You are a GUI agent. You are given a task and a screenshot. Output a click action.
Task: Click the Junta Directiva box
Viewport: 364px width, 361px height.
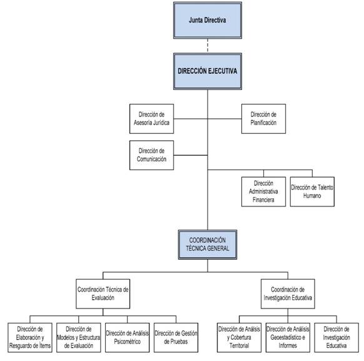(x=208, y=21)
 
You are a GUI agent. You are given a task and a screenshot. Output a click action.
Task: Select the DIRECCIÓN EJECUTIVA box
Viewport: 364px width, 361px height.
(x=208, y=71)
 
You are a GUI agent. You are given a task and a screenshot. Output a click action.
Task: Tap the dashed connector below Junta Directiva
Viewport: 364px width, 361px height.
(x=208, y=46)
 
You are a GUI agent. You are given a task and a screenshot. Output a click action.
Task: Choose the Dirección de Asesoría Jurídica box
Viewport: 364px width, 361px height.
(x=151, y=119)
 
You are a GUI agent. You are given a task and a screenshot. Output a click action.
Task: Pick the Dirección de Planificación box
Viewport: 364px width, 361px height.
(x=263, y=119)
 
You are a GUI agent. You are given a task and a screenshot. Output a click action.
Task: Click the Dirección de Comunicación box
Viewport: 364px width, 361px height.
(x=151, y=155)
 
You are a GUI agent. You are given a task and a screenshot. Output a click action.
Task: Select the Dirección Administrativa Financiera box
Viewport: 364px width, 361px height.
(x=263, y=191)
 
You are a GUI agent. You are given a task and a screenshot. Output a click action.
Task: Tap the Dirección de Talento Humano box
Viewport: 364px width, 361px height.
(x=312, y=191)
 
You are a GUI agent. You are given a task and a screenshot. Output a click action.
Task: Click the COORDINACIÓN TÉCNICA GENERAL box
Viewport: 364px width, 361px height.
(x=208, y=245)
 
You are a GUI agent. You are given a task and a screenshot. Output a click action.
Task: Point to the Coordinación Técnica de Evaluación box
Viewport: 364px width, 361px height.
(x=103, y=293)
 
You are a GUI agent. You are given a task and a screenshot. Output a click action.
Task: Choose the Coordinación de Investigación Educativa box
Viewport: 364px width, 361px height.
(x=288, y=293)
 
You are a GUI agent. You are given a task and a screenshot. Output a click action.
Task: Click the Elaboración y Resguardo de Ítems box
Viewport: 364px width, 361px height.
(x=30, y=338)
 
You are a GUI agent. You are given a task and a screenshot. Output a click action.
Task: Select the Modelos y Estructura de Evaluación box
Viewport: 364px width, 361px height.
(x=79, y=338)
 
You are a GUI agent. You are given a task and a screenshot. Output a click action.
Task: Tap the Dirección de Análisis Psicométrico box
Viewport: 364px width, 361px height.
(x=127, y=338)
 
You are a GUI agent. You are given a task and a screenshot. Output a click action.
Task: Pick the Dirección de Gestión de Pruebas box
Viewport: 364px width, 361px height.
(x=176, y=338)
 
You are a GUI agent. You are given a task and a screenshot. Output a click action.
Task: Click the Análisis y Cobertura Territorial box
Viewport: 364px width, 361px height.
(x=239, y=338)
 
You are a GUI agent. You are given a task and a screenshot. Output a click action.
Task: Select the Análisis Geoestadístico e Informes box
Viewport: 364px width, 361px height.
(x=288, y=338)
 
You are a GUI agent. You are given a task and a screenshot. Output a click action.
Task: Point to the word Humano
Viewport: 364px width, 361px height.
(x=312, y=196)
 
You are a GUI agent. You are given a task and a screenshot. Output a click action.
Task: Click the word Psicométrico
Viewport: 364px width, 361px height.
(x=127, y=342)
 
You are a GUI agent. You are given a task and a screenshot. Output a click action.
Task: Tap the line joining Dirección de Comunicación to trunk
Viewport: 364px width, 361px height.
(x=191, y=155)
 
